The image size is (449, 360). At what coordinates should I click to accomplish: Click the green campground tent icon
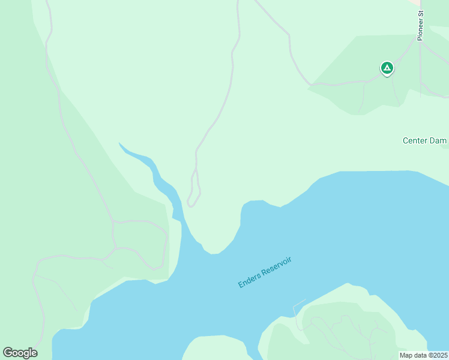pos(387,68)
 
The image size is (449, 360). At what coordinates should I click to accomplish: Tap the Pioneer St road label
pos(421,25)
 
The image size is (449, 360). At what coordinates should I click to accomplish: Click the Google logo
pos(20,353)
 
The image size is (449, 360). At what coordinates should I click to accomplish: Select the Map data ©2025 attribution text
pos(424,355)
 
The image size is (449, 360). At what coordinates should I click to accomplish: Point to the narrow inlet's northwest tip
pos(120,143)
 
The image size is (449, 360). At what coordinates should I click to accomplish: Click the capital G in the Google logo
pos(8,353)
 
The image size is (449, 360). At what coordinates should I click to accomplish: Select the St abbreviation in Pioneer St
pos(421,13)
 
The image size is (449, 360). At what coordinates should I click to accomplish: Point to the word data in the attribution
pos(419,355)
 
